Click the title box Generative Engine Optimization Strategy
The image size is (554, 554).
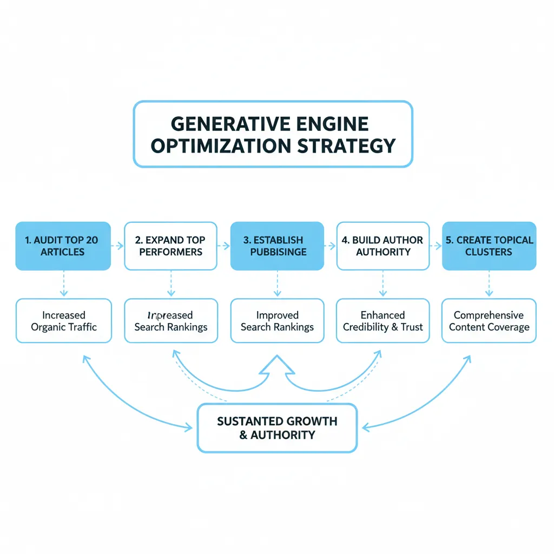[273, 134]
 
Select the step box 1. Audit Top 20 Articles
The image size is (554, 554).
[63, 246]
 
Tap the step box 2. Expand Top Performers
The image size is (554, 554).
[170, 246]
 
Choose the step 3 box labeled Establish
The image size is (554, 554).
[277, 246]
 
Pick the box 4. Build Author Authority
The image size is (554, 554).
[384, 246]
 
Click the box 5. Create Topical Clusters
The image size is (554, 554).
[489, 246]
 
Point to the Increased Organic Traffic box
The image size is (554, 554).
[63, 321]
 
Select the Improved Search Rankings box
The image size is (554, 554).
[277, 321]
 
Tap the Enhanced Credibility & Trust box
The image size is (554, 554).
[383, 321]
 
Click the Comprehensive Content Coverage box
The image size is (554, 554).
[489, 321]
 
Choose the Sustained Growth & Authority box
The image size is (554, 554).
[277, 428]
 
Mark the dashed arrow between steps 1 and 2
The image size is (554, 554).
[117, 246]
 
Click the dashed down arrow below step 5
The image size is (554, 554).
[489, 283]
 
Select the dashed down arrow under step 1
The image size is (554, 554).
[63, 283]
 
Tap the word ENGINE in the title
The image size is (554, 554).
[333, 124]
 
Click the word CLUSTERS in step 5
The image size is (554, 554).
[489, 252]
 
